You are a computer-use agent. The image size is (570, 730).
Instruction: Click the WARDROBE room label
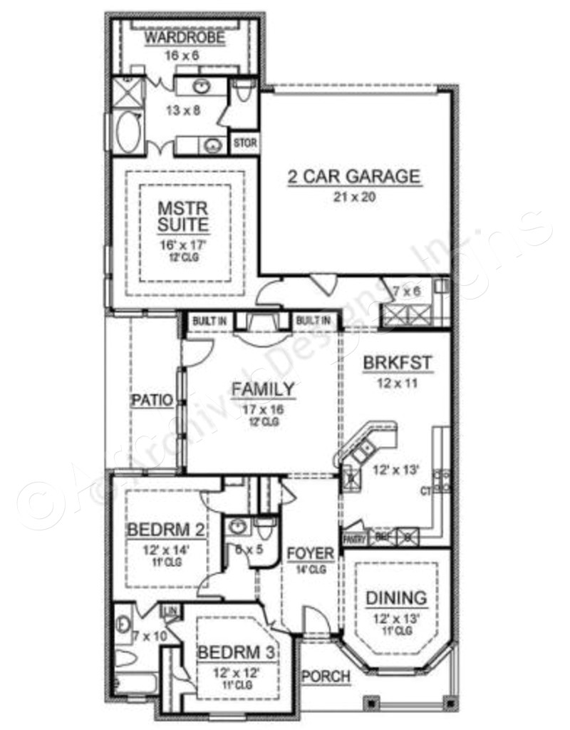click(185, 38)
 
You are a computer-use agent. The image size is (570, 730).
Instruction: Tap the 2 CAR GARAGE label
click(354, 177)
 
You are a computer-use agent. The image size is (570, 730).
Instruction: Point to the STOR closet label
click(244, 143)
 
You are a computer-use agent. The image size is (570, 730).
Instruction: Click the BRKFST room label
click(397, 364)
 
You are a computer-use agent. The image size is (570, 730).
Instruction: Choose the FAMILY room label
click(263, 389)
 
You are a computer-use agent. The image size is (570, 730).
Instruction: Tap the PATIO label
click(152, 401)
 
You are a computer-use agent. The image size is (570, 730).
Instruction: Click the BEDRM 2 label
click(167, 530)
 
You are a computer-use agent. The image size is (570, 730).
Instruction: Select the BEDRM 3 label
click(238, 652)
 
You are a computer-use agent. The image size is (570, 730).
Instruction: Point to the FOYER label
click(311, 553)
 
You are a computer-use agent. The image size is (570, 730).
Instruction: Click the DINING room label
click(396, 598)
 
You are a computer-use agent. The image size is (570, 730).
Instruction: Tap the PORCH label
click(326, 676)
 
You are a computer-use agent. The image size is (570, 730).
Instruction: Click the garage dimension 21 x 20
click(354, 197)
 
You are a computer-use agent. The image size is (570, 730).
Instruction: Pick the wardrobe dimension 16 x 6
click(184, 54)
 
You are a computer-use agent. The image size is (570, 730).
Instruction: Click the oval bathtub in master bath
click(128, 133)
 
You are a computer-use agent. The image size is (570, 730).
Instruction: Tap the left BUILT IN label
click(209, 322)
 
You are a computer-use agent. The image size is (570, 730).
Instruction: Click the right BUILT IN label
click(313, 322)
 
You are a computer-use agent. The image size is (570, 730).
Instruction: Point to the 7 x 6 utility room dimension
click(407, 291)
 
